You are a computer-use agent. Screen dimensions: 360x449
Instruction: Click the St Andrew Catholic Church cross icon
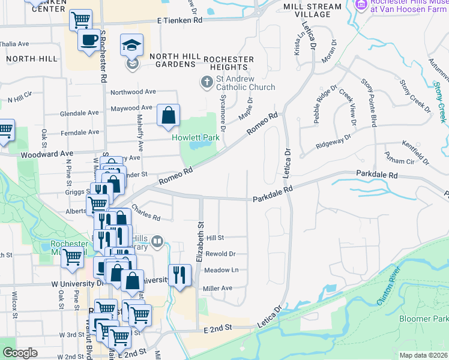pos(206,81)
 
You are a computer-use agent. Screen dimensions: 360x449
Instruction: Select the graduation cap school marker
pos(131,44)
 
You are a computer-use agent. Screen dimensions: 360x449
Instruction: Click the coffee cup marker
pos(89,40)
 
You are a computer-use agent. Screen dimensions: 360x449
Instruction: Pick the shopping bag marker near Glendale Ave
pos(169,115)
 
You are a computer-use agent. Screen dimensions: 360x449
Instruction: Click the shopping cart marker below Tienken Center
pos(80,20)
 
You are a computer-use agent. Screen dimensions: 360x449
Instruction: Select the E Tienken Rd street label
pos(179,20)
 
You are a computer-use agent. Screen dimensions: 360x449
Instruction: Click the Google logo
pos(20,353)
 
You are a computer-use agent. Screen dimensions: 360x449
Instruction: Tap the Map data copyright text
pos(424,355)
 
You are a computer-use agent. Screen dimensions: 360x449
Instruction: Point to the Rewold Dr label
pos(220,254)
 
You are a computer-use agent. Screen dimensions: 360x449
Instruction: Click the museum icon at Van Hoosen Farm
pos(361,5)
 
